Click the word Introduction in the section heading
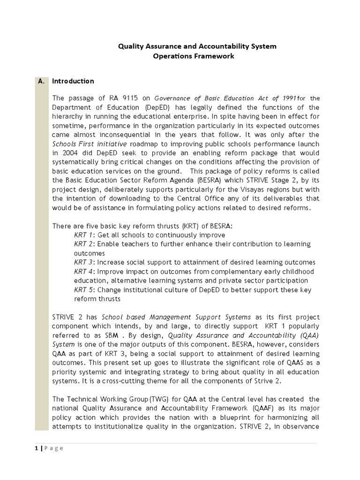(x=73, y=81)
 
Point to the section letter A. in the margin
(x=41, y=81)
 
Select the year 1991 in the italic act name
(x=287, y=98)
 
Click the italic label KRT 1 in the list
(x=84, y=235)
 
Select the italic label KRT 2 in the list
(x=84, y=244)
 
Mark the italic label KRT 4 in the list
(x=84, y=271)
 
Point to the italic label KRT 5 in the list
(x=84, y=290)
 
